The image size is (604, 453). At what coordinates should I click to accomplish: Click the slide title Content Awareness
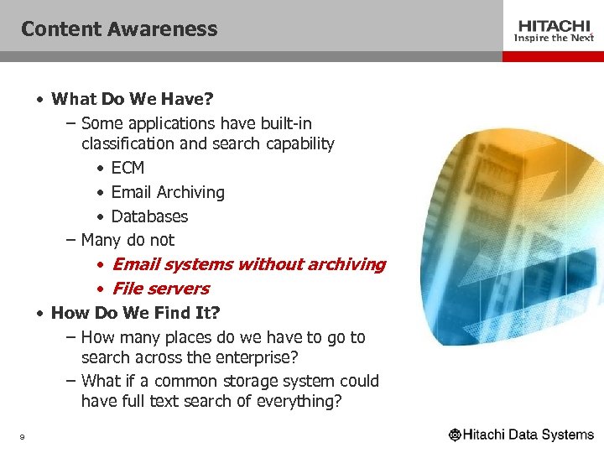119,29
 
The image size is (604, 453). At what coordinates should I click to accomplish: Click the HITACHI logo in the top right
554,26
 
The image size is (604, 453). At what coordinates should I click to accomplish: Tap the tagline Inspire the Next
554,39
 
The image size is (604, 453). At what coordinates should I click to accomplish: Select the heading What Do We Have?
133,99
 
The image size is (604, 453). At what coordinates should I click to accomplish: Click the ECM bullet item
128,168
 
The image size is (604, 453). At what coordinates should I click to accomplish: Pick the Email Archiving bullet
168,192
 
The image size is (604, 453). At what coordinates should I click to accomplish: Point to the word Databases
149,216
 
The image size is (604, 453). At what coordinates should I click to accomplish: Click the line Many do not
128,240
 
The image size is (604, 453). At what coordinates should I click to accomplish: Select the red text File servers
160,289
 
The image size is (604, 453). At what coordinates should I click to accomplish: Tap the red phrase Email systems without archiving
248,264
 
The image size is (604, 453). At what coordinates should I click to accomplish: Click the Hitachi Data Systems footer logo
521,435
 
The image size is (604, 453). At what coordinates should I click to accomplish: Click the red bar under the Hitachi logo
553,56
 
